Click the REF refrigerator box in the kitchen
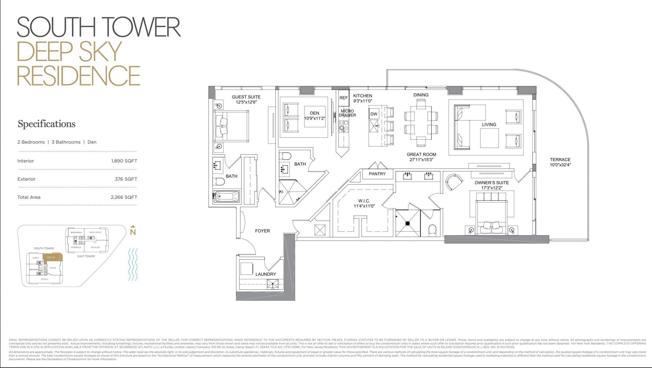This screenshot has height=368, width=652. [x=344, y=98]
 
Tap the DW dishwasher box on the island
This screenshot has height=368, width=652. [x=374, y=114]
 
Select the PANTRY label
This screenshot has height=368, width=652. [x=377, y=174]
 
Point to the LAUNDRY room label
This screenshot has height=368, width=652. [x=266, y=274]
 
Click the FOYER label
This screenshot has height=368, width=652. [x=262, y=231]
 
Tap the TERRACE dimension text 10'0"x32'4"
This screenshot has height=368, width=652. [x=560, y=165]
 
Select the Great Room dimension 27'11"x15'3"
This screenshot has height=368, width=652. [x=421, y=159]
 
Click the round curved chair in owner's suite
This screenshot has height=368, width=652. [x=454, y=182]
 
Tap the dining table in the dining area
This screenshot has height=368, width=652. [x=421, y=122]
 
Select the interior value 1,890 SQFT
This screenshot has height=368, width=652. [x=124, y=161]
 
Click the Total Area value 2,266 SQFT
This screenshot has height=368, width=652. [x=124, y=197]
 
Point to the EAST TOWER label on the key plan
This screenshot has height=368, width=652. [x=86, y=256]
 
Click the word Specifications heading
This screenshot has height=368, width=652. [x=47, y=124]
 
